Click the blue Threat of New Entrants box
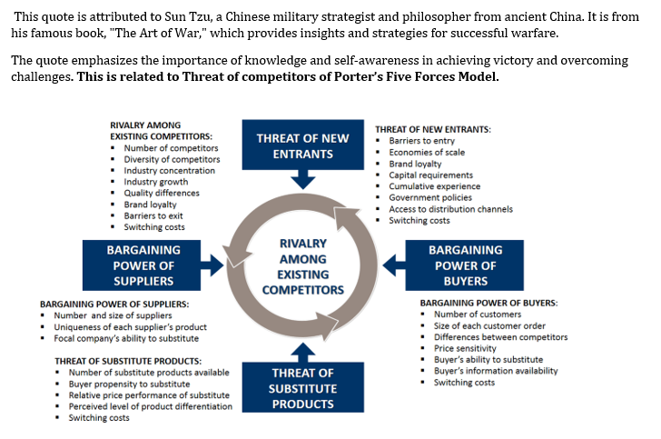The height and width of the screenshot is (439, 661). [302, 145]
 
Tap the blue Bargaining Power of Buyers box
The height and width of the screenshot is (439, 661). [465, 264]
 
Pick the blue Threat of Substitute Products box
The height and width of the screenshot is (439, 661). [302, 388]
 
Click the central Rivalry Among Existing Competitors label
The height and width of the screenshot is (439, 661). [302, 266]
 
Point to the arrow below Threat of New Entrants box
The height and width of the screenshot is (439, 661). [302, 180]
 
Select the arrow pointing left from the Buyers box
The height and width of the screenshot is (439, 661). [391, 264]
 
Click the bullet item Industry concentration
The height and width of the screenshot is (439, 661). [169, 171]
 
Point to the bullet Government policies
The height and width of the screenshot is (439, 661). [429, 198]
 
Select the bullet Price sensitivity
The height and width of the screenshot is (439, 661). [464, 348]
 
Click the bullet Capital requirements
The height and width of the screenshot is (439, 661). [430, 175]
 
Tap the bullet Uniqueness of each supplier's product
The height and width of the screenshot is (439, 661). [130, 327]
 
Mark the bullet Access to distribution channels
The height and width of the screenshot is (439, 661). [450, 209]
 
